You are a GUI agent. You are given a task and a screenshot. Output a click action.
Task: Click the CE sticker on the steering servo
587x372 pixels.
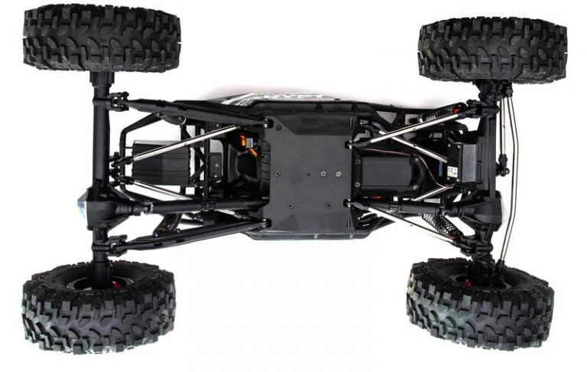point(453,171)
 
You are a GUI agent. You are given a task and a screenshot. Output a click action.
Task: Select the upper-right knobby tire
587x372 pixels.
point(492,50)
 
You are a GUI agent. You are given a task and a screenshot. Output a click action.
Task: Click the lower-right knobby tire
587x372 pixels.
point(479,303)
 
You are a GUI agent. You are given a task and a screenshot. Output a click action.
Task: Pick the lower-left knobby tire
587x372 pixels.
point(99,305)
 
